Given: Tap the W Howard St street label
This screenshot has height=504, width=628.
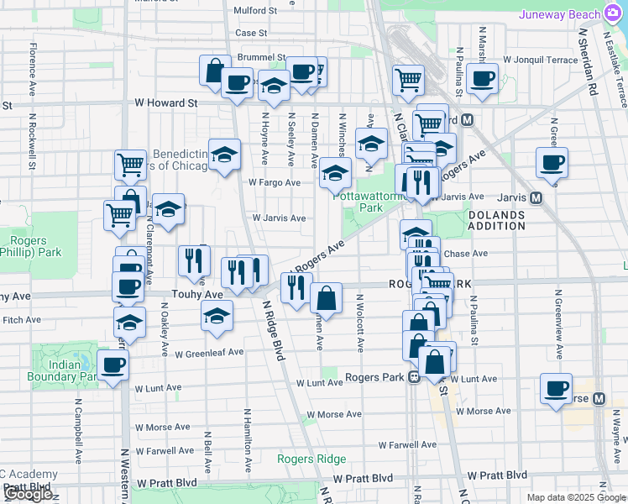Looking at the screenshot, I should (165, 103).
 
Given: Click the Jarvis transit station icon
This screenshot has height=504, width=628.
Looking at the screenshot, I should (535, 197).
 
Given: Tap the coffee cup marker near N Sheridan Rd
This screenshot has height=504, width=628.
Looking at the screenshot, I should (552, 162).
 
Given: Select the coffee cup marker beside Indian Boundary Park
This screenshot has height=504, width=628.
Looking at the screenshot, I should (113, 365).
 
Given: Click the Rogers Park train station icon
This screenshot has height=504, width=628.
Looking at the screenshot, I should (414, 377).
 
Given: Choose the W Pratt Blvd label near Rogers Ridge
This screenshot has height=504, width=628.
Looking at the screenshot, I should (364, 477).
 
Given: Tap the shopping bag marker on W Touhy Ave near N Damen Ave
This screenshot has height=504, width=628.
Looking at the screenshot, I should (326, 298).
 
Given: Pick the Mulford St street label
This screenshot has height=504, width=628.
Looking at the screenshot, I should (256, 11).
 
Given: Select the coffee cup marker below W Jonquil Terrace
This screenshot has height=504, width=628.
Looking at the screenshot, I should (483, 79).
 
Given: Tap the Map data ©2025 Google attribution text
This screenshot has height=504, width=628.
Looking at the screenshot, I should (575, 497).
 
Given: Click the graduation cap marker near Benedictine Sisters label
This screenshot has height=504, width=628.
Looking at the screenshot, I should (224, 154).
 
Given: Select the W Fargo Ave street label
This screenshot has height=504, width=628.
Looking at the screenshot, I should (274, 182).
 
